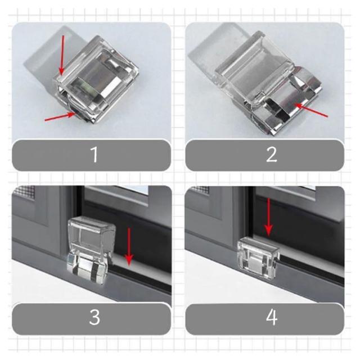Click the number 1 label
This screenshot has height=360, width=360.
pos(94,155)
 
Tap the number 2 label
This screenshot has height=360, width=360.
pos(272,155)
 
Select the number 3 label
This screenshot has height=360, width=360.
pos(94,317)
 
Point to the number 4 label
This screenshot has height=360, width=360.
pos(272,317)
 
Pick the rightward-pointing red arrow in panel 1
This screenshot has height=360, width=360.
pos(60,116)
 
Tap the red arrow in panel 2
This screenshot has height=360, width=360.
pos(312,110)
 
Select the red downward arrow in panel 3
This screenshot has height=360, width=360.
pos(129,247)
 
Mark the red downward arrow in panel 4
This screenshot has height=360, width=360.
pos(269,217)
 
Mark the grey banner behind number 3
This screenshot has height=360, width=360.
pos(91,319)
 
